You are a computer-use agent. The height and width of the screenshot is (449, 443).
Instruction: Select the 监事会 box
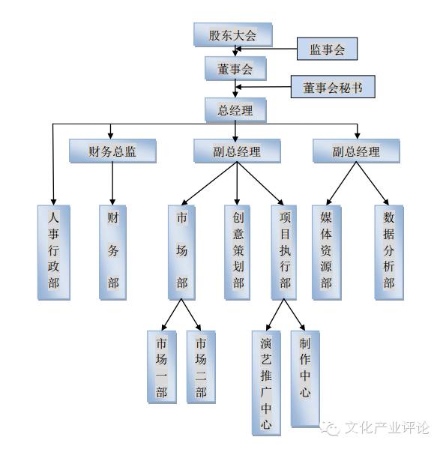tap(327, 49)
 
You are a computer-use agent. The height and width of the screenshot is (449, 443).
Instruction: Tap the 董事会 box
tap(236, 69)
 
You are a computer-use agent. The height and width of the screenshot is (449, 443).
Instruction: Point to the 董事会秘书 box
tap(333, 88)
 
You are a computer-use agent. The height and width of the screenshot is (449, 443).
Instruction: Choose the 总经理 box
tap(236, 110)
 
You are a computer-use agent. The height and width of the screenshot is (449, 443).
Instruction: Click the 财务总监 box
tap(113, 151)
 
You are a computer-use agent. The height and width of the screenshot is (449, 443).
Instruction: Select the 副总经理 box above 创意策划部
tap(236, 151)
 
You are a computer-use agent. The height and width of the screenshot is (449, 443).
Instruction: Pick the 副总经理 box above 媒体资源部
tap(356, 151)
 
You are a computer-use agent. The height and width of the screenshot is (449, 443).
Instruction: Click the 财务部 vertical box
tap(113, 251)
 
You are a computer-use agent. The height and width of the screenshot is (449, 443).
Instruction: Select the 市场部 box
tap(181, 251)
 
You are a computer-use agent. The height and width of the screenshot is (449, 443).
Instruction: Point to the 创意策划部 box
tap(238, 251)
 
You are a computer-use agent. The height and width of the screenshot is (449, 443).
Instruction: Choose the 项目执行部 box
tap(285, 251)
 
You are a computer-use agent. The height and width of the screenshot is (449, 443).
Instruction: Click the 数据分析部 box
tap(388, 251)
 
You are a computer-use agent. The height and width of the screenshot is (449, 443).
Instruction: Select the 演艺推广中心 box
tap(266, 380)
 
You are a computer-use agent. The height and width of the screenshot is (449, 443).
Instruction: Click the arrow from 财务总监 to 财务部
tap(113, 184)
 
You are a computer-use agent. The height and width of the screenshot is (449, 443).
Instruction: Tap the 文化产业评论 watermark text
tap(385, 429)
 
